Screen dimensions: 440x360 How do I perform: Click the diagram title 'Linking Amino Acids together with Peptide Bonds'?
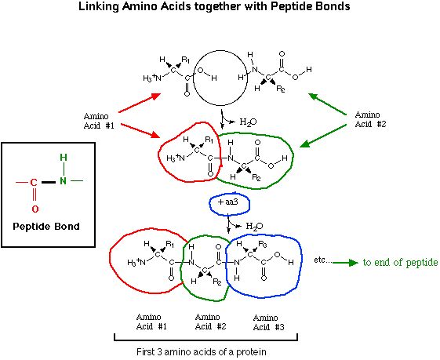point(214,6)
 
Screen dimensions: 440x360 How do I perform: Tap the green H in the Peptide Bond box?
point(64,158)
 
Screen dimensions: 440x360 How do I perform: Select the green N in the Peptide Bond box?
point(64,181)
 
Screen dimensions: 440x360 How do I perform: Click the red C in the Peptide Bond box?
point(34,183)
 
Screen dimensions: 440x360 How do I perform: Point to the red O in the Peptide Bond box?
point(35,209)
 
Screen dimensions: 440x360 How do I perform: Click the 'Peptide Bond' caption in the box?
point(46,226)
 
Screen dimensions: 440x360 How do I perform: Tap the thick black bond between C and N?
point(49,183)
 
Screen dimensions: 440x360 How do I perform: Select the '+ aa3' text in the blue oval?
point(228,202)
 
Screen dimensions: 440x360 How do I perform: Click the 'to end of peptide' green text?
point(400,263)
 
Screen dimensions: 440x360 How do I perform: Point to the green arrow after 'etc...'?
point(345,263)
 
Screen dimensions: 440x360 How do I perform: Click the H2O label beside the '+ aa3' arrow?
point(255,226)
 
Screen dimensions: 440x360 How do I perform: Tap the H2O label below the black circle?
point(248,122)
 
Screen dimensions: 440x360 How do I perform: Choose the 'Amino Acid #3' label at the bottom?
point(268,322)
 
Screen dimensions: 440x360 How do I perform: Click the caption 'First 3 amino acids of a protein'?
point(202,351)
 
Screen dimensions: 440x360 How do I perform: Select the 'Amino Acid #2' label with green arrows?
point(370,119)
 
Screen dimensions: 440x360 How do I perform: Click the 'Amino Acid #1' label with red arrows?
point(99,121)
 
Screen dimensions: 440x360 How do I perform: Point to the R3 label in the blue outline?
point(263,244)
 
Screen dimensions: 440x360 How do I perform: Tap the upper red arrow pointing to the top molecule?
point(140,103)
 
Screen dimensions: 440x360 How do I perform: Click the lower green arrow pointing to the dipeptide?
point(323,136)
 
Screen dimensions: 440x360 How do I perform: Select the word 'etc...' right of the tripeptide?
point(322,260)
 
